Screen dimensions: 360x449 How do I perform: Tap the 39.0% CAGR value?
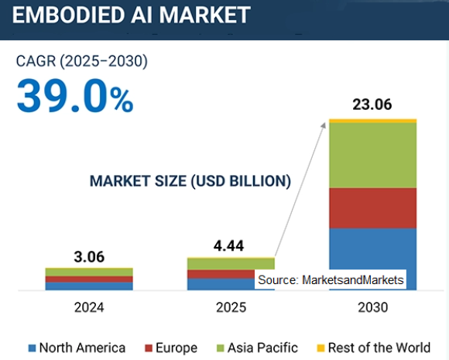pos(74,97)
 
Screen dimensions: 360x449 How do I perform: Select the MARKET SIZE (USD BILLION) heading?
pos(190,181)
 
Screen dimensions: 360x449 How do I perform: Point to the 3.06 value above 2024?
pos(88,256)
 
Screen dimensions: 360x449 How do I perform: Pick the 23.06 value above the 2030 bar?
pos(372,105)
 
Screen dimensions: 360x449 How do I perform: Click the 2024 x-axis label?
pos(89,307)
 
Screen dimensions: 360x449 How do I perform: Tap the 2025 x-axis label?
pos(231,307)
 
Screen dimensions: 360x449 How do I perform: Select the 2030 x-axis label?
pos(372,307)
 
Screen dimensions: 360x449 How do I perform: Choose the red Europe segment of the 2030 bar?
pos(372,207)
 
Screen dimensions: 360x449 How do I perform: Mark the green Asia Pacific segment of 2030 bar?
pos(372,155)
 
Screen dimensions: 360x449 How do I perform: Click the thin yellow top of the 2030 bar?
pos(372,121)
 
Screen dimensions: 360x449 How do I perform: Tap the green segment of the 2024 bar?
pos(89,272)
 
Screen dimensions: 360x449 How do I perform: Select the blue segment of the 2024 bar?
pos(89,286)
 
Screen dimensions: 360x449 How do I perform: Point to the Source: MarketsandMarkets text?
pos(331,280)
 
